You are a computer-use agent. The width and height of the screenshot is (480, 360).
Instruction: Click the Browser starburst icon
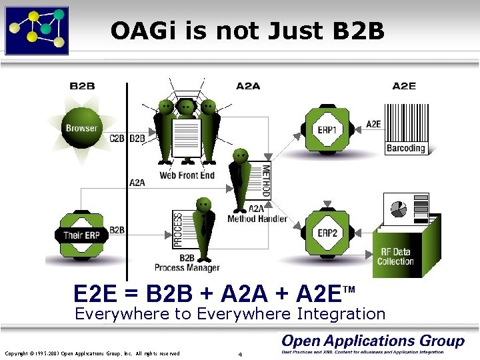pyautogui.click(x=81, y=128)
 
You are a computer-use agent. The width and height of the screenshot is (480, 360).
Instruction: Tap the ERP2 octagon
pyautogui.click(x=327, y=233)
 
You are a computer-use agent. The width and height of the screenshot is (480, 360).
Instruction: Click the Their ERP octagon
pyautogui.click(x=81, y=235)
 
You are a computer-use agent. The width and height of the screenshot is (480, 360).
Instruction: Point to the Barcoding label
pyautogui.click(x=406, y=148)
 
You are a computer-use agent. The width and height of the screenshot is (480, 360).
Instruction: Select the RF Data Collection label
pyautogui.click(x=396, y=257)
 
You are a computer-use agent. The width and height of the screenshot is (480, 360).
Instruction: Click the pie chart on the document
pyautogui.click(x=399, y=209)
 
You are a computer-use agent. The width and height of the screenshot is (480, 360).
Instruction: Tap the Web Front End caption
pyautogui.click(x=187, y=175)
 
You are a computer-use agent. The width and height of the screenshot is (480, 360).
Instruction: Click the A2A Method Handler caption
pyautogui.click(x=257, y=213)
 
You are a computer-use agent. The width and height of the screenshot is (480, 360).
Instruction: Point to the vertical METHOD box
pyautogui.click(x=266, y=180)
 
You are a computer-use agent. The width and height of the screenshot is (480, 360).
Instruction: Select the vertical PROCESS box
pyautogui.click(x=178, y=230)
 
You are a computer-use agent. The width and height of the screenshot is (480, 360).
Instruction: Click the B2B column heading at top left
pyautogui.click(x=82, y=85)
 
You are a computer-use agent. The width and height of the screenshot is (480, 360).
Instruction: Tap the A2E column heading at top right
pyautogui.click(x=404, y=85)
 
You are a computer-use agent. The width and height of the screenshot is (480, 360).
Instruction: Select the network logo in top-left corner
pyautogui.click(x=36, y=29)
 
